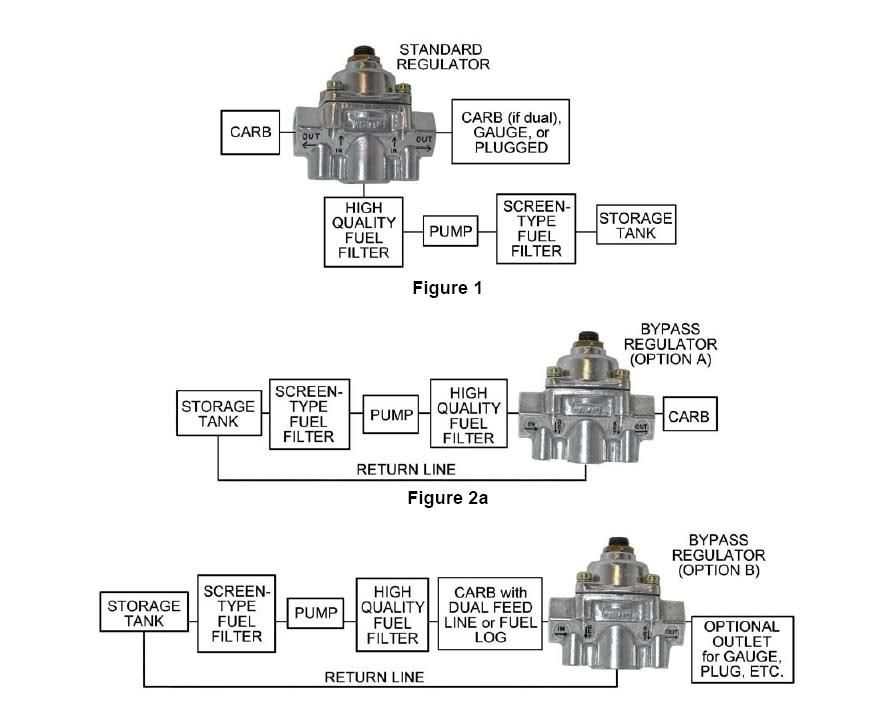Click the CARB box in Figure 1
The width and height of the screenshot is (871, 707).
[250, 133]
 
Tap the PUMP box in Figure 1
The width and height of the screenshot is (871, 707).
[449, 231]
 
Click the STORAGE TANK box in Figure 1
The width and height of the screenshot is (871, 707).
[635, 226]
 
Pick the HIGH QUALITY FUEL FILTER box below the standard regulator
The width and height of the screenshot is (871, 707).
[363, 231]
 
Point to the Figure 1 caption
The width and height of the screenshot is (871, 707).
[447, 289]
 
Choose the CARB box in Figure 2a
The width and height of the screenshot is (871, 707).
[691, 415]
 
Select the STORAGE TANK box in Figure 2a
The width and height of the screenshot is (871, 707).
[218, 415]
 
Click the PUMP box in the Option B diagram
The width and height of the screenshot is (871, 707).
[316, 611]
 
